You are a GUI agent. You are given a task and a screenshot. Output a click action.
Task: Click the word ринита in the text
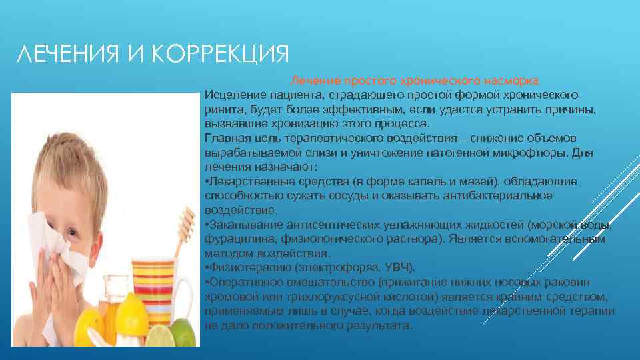[x=222, y=109]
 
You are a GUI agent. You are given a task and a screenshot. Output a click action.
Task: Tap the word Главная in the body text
[x=225, y=138]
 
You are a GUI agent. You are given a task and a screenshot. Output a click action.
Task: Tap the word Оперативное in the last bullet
[x=239, y=282]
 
